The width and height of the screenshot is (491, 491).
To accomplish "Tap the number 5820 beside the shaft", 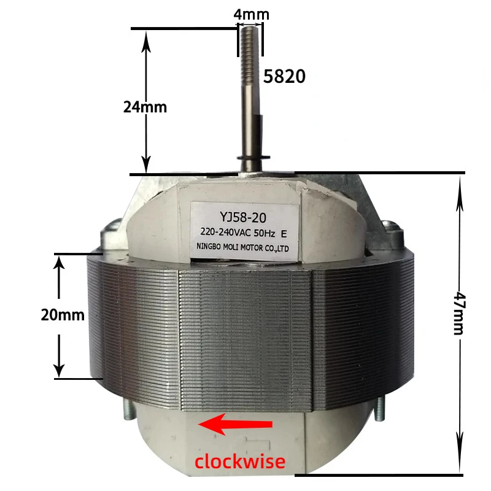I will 284,76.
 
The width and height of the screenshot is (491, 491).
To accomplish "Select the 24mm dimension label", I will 145,106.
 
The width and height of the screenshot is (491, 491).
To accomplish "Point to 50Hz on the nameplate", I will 263,233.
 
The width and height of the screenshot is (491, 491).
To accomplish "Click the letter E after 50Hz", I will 284,233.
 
